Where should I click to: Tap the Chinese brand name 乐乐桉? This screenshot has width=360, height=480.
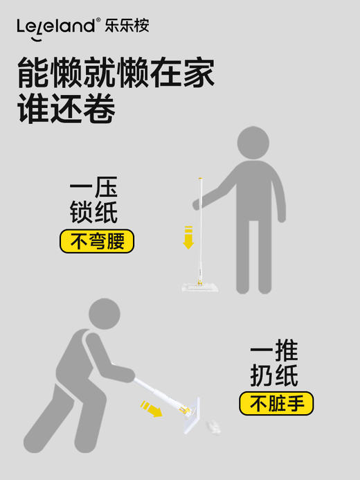127,26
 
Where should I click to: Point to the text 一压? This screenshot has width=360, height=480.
93,188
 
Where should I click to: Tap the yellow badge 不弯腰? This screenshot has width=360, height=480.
96,242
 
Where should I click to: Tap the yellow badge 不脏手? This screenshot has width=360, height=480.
276,403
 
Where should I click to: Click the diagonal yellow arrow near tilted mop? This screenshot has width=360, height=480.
150,409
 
